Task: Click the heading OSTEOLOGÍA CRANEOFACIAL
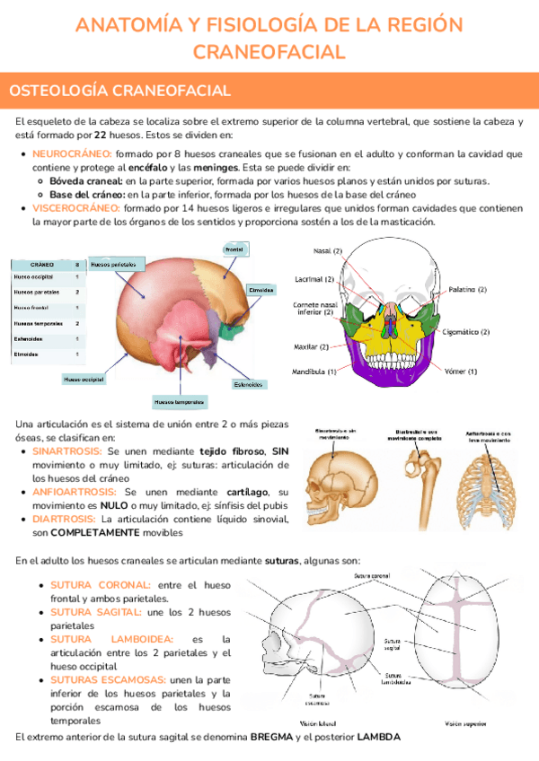tap(119, 91)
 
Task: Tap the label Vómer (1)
tap(460, 371)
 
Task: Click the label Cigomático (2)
tap(465, 331)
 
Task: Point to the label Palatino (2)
tap(469, 290)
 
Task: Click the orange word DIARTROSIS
tap(65, 519)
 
